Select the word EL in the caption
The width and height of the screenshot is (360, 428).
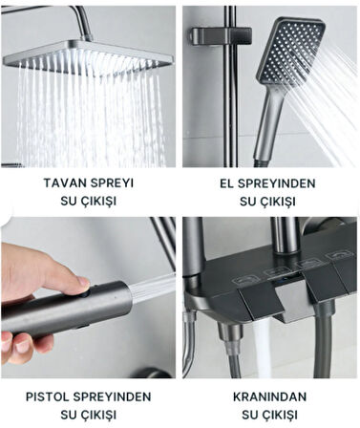click(226, 183)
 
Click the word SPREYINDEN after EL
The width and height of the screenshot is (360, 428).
click(276, 183)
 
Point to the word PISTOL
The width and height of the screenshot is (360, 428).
click(48, 396)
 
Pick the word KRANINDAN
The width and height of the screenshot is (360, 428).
click(270, 396)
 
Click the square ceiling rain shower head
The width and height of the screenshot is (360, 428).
click(89, 56)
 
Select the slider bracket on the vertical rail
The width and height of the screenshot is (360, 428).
click(222, 35)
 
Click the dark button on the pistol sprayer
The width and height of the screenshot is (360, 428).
click(84, 292)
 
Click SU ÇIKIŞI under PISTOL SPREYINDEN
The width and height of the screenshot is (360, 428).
click(88, 415)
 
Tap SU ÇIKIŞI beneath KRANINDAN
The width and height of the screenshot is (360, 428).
click(270, 415)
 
